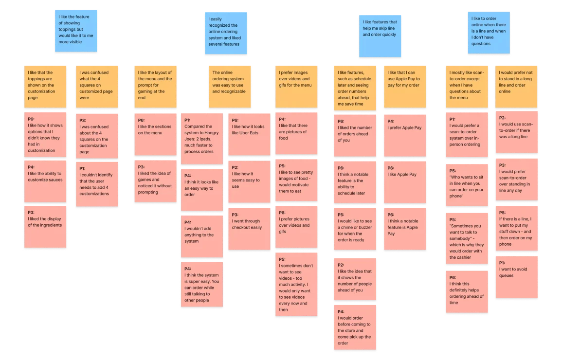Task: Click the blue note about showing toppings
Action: (x=76, y=32)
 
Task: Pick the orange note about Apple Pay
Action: (x=404, y=86)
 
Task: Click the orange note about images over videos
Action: (x=296, y=86)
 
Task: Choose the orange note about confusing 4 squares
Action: (x=97, y=86)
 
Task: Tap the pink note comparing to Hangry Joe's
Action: (x=201, y=139)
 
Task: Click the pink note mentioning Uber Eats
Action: (x=249, y=134)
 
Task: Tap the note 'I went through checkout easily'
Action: (x=249, y=228)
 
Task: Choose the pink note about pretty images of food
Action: (x=296, y=181)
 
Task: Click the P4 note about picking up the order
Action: (x=355, y=327)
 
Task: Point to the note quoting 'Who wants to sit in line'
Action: (x=467, y=185)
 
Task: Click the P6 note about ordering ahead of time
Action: (x=467, y=291)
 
